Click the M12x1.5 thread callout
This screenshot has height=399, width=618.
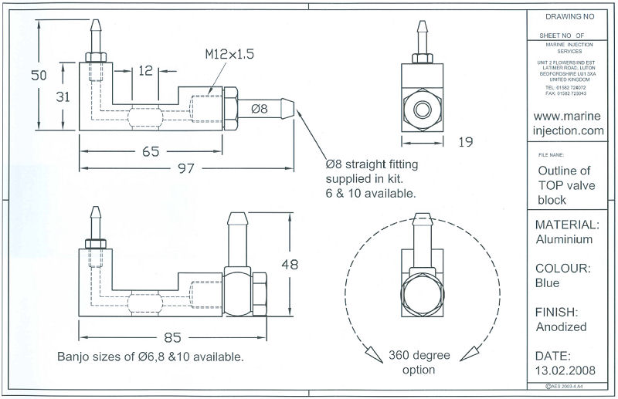[x=229, y=55]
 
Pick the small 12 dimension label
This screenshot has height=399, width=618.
[x=145, y=72]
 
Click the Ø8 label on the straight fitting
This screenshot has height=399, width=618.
[x=259, y=109]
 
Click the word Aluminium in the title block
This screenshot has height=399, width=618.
[x=564, y=239]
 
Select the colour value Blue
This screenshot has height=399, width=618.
[x=548, y=282]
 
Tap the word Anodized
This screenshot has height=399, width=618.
[x=561, y=326]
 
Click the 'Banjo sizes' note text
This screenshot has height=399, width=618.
[x=151, y=357]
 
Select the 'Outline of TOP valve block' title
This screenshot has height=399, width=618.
[x=564, y=185]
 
